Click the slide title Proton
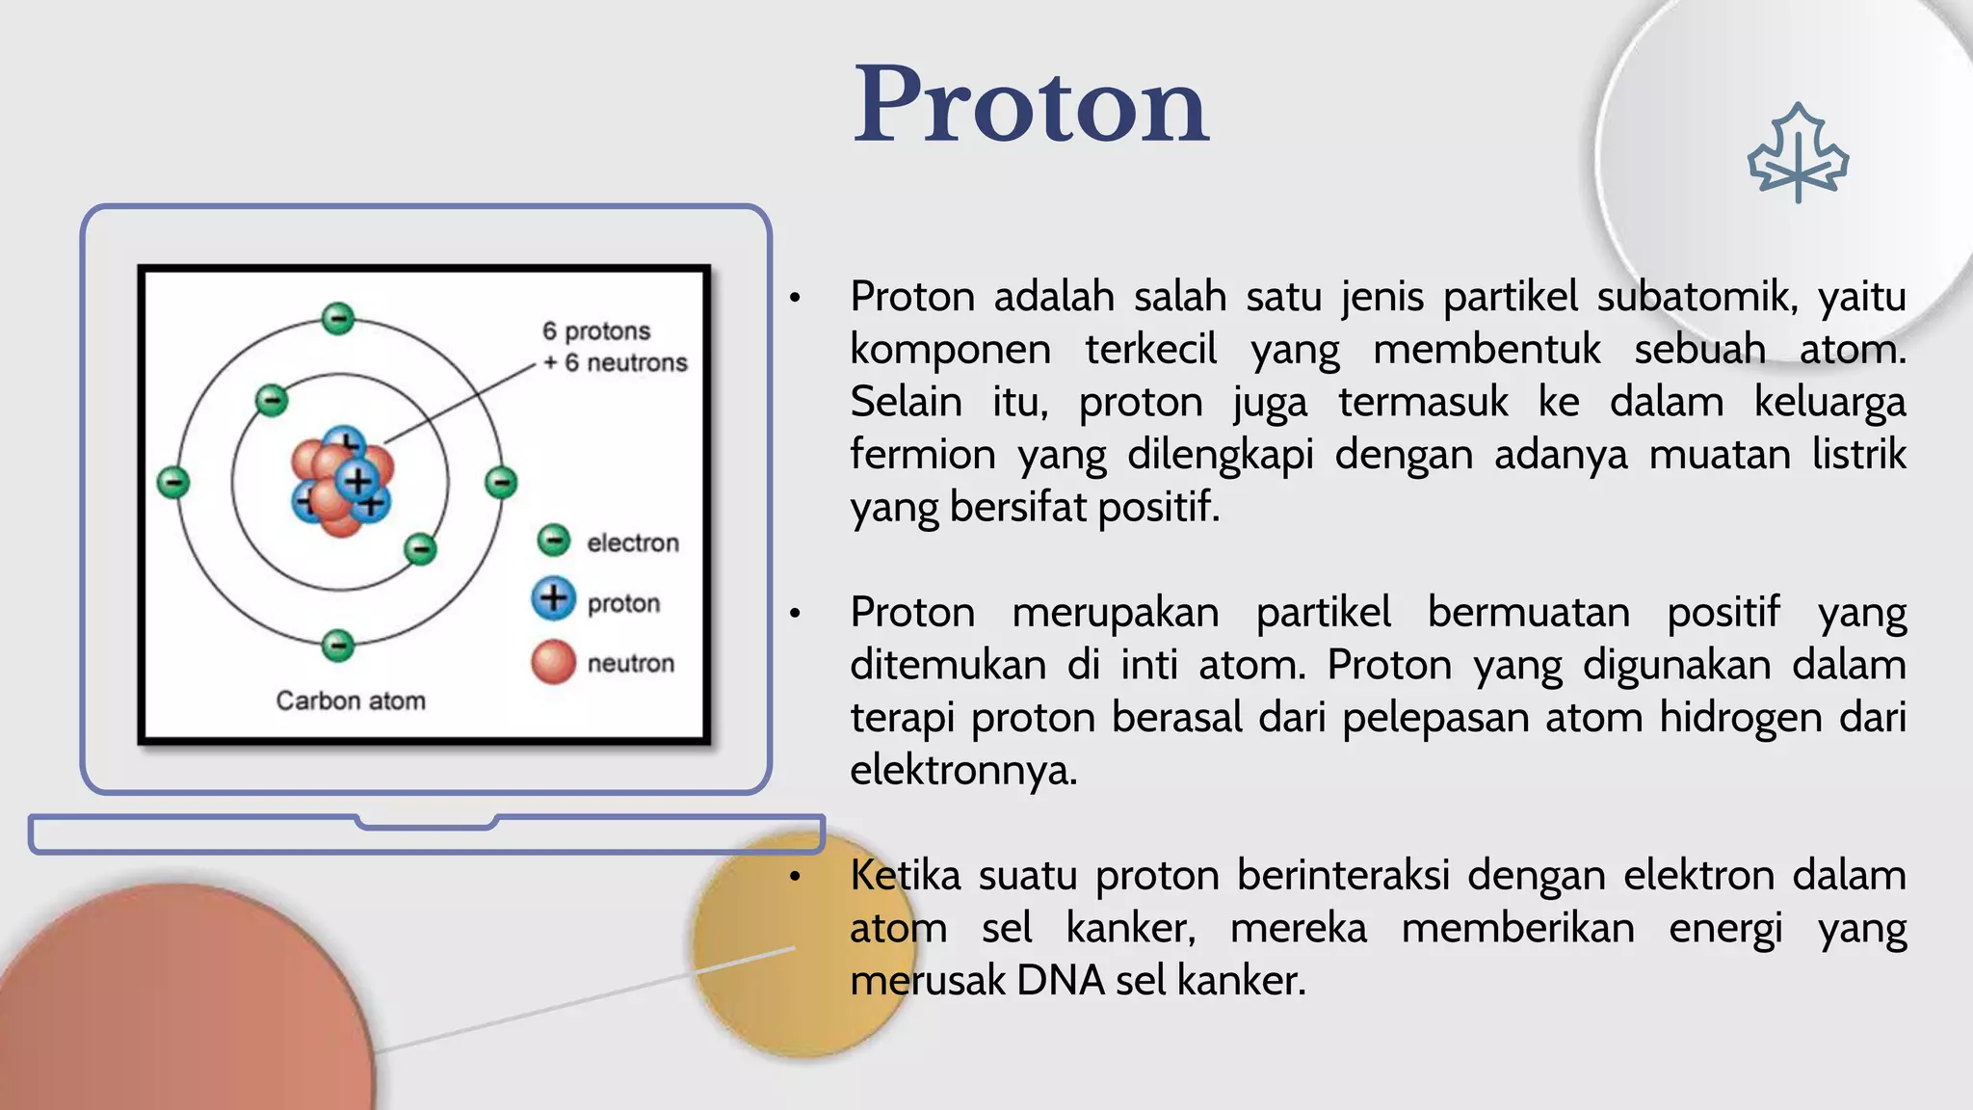(x=1030, y=104)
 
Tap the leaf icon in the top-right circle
(x=1798, y=154)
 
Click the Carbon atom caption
(x=351, y=700)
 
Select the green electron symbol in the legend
(x=554, y=541)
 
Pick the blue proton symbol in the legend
(x=554, y=598)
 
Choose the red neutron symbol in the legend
(x=554, y=662)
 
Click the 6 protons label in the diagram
(x=596, y=330)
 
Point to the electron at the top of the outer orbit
(x=338, y=318)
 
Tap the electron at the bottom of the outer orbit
(x=338, y=645)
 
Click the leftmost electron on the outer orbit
(x=173, y=482)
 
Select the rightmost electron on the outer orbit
(x=501, y=482)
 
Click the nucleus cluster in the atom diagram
(x=342, y=482)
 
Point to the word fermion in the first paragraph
(x=922, y=454)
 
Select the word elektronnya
(x=963, y=771)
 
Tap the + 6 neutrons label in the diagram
(x=616, y=363)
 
